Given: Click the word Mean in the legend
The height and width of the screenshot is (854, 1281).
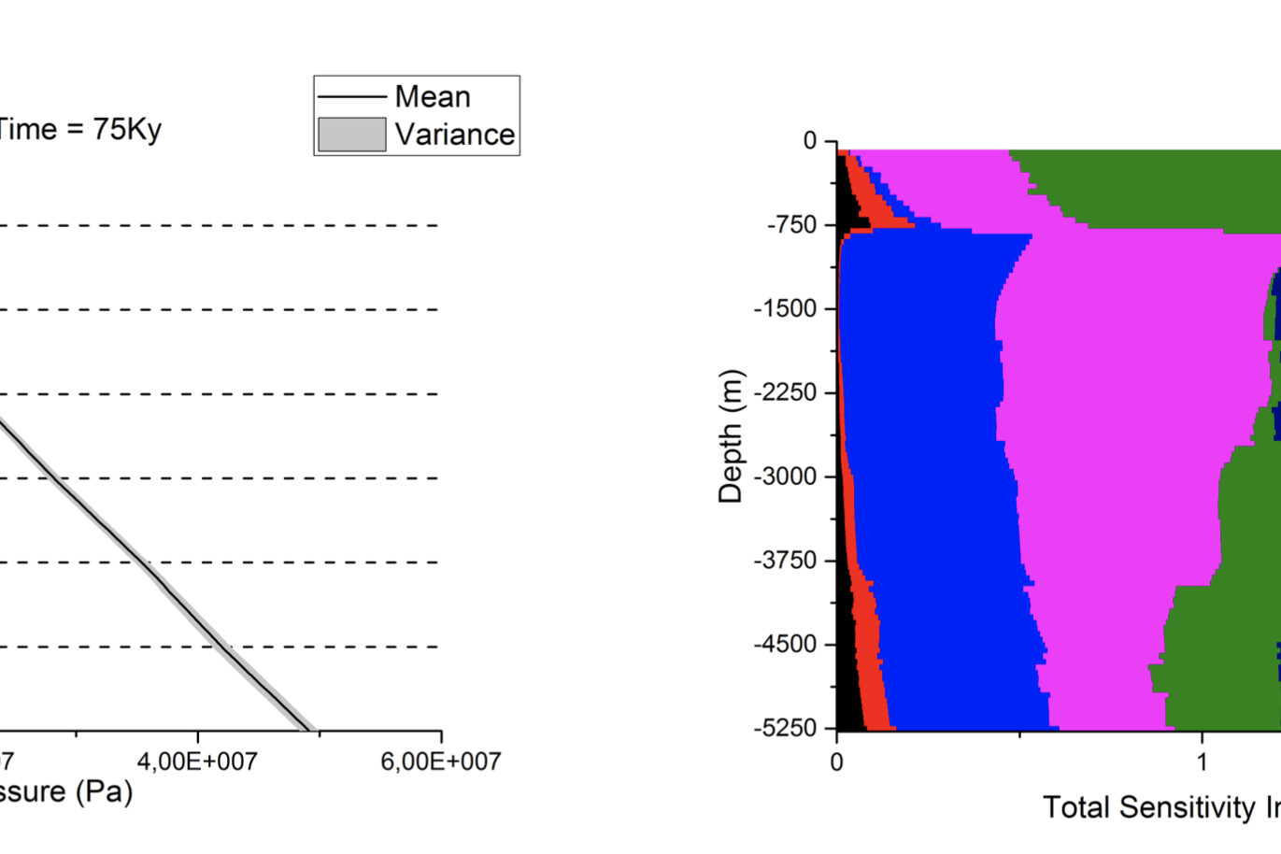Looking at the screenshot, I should point(432,96).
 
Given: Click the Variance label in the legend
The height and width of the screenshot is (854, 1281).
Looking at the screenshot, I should point(454,135).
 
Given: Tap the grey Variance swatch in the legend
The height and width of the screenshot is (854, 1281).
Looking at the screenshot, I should point(351,135).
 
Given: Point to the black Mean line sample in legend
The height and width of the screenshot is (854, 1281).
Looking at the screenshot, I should point(351,96).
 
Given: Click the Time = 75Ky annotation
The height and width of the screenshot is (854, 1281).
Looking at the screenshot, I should point(78,129).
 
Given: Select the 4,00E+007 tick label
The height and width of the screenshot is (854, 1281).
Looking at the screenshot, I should point(196,761).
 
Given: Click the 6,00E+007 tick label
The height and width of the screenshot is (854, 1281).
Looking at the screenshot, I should point(440,761).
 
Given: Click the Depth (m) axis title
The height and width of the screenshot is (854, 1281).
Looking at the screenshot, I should point(731,436).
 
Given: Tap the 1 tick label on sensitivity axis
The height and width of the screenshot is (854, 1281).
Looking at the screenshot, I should point(1202,761).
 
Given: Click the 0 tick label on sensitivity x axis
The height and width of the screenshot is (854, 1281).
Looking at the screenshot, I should point(836,761).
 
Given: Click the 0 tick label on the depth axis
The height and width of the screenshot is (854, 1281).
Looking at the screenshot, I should point(809,140).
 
